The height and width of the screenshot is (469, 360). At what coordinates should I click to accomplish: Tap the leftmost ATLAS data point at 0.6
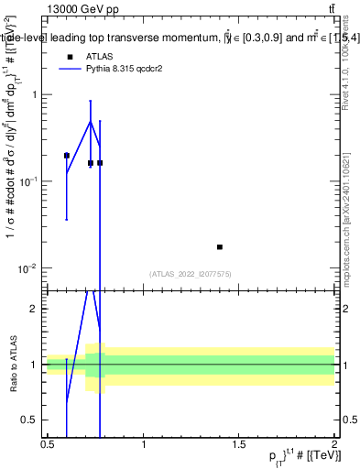[67, 156]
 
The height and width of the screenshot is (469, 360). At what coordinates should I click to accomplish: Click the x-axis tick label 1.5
[238, 444]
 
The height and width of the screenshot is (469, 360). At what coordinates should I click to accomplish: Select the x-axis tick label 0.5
[48, 444]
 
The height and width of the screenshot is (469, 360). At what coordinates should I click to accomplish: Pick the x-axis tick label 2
[334, 444]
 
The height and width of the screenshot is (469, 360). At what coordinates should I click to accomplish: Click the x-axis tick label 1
[144, 444]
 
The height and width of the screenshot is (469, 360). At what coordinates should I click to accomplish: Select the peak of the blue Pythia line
[90, 121]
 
